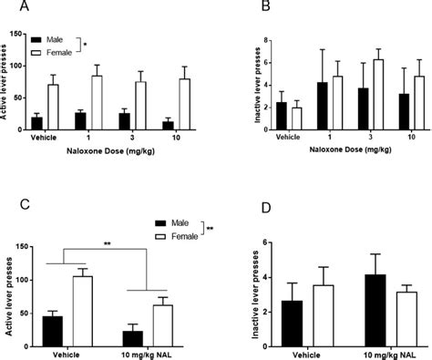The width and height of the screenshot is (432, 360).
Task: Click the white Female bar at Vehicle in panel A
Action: point(54,108)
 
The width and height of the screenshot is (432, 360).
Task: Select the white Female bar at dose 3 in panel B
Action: point(353,95)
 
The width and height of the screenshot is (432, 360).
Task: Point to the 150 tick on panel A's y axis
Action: point(22,35)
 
